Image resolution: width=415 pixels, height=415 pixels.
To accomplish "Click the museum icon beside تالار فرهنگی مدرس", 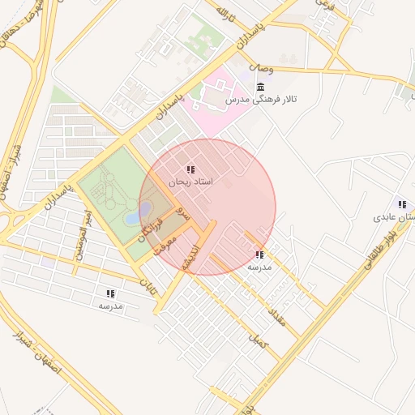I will coord(259,87).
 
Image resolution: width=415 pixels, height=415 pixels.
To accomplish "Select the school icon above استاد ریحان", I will coord(190,170).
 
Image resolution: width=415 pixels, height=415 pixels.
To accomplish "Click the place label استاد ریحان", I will coord(190,183).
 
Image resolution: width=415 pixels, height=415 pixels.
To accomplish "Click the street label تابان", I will coord(147,285).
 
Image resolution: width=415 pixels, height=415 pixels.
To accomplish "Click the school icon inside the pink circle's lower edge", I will coord(259,255).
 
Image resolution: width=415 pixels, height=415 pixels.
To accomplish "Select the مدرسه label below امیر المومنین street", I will coord(110,306).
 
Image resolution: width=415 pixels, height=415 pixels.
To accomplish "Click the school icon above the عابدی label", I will coord(401,204).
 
